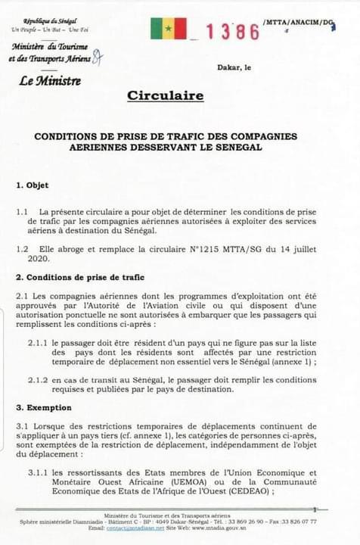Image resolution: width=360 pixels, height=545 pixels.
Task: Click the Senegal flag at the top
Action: point(168,29)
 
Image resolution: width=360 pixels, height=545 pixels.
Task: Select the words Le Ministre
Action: point(51,79)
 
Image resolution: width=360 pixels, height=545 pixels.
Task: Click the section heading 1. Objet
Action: point(33,185)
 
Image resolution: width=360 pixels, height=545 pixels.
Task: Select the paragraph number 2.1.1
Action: point(39,343)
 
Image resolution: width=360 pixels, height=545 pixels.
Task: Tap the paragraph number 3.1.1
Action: point(39,472)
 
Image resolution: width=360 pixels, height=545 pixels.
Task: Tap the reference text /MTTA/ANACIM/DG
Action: point(299,23)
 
